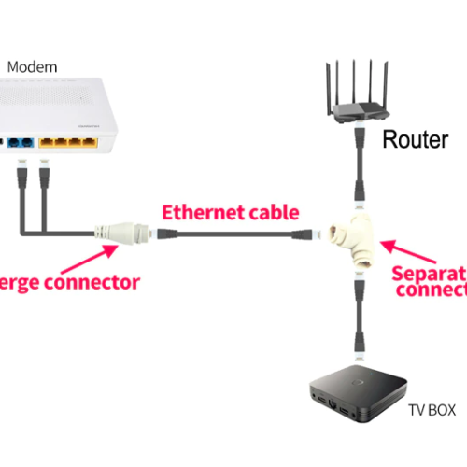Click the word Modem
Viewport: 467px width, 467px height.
(33, 67)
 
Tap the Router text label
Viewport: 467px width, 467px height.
(416, 140)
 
